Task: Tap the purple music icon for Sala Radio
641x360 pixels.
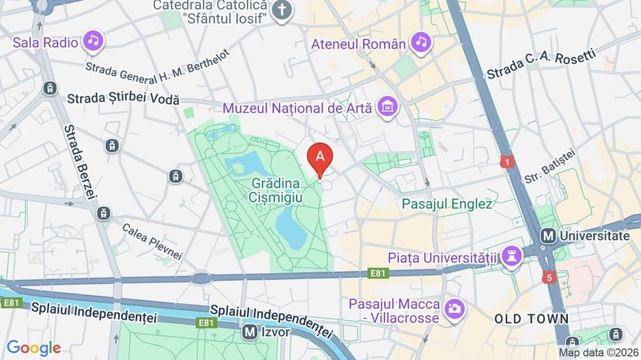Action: [x=94, y=41]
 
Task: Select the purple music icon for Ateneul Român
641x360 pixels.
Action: [x=421, y=42]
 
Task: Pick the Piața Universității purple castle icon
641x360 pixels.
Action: [x=510, y=256]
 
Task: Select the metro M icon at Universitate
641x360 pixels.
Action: [x=547, y=235]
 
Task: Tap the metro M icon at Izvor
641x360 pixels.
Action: [x=250, y=331]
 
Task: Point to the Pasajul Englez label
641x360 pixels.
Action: [x=447, y=204]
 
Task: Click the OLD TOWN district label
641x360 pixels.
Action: [x=532, y=319]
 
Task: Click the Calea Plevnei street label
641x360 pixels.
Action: [x=152, y=242]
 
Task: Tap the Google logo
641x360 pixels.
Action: [x=33, y=348]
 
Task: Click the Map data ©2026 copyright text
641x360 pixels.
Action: [x=598, y=352]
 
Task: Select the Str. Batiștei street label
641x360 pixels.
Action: [x=551, y=169]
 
